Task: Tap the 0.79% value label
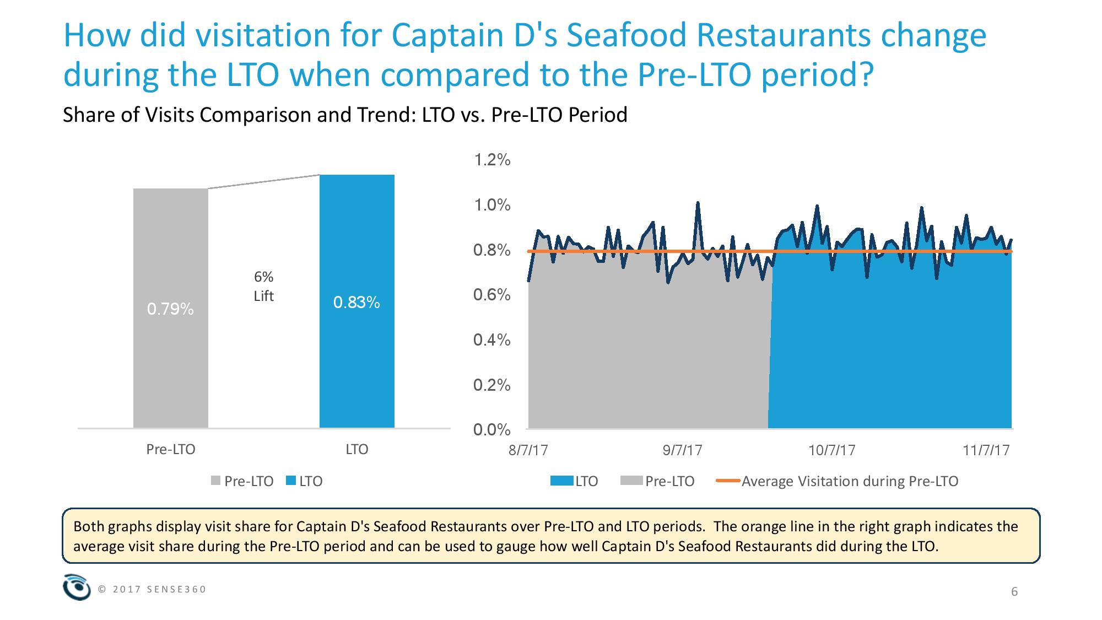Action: [x=170, y=310]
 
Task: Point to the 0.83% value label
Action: [x=356, y=303]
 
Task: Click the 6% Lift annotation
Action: [x=263, y=287]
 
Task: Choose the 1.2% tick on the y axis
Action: [x=491, y=160]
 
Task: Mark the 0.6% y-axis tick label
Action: [x=491, y=295]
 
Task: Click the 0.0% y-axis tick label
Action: [x=491, y=430]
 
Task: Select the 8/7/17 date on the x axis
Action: [x=528, y=450]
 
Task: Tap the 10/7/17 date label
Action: [x=832, y=450]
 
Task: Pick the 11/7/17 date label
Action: [x=986, y=450]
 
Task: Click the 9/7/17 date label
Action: [x=682, y=450]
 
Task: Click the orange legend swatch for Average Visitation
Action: [x=727, y=481]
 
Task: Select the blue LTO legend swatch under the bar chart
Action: [x=291, y=481]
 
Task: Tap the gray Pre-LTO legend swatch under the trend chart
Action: [x=631, y=481]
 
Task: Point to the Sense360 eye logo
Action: [x=77, y=587]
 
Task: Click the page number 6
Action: [x=1014, y=592]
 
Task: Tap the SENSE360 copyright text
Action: [x=152, y=589]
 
